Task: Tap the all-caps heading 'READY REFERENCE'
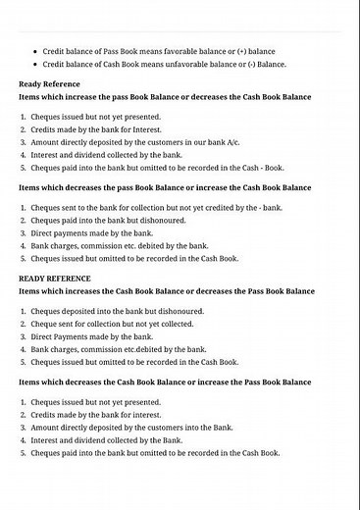click(55, 279)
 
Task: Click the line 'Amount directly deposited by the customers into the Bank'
click(135, 428)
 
